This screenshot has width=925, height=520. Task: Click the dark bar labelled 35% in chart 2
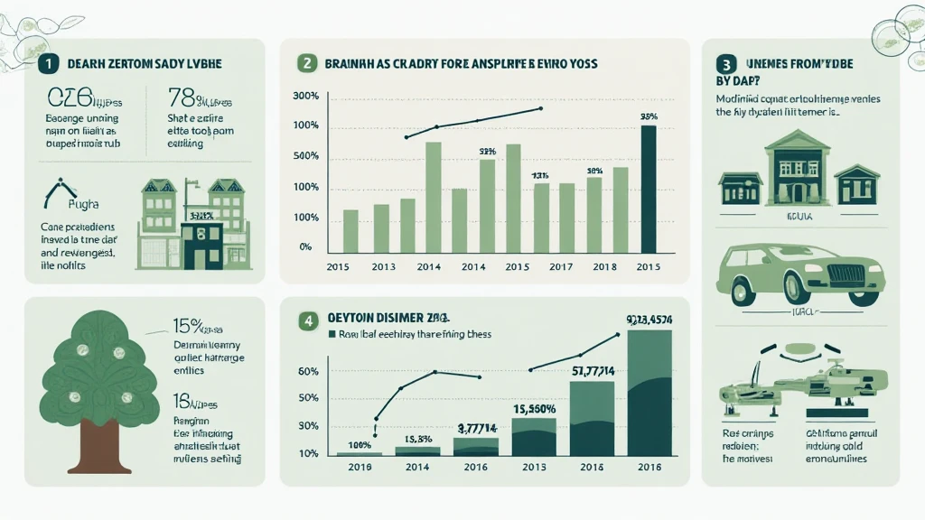(649, 189)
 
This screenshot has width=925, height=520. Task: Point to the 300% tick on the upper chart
(306, 97)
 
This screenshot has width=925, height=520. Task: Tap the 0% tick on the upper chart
(305, 246)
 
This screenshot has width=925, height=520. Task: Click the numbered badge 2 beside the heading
(306, 63)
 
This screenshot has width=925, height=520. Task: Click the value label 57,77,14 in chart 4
(592, 368)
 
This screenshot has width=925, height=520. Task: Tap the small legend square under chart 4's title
(329, 334)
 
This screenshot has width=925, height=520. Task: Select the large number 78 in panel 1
(181, 97)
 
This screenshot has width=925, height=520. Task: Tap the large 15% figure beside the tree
(186, 326)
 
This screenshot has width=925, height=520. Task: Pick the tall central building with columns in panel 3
(797, 167)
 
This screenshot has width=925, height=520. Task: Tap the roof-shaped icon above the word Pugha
(62, 189)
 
